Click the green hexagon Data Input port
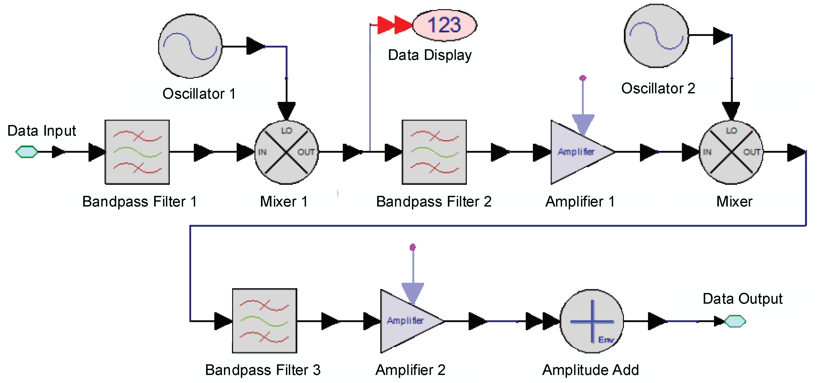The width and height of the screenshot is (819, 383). click(x=27, y=152)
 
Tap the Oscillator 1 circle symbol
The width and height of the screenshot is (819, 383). click(x=190, y=46)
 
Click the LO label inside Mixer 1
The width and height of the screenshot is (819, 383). click(x=286, y=131)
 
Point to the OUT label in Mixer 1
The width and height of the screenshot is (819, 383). click(x=306, y=152)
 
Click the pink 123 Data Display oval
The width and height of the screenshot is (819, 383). click(x=445, y=25)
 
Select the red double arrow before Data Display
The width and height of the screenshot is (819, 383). click(x=395, y=25)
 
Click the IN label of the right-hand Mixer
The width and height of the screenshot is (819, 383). click(x=707, y=152)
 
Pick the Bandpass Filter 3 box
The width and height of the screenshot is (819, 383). click(x=265, y=321)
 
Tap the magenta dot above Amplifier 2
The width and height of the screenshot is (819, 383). click(x=413, y=247)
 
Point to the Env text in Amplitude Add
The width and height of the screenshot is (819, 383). click(x=606, y=340)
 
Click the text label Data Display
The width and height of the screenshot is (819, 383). click(x=430, y=55)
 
